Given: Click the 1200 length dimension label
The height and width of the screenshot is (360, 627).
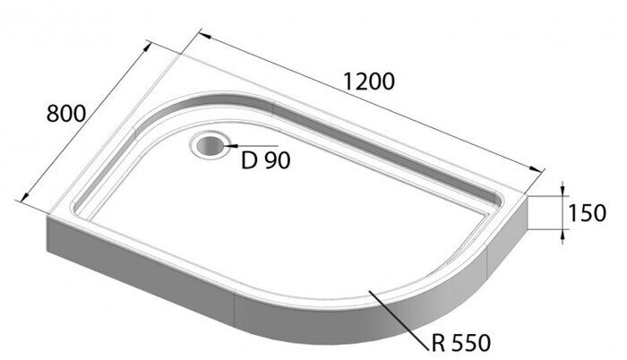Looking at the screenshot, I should (369, 81).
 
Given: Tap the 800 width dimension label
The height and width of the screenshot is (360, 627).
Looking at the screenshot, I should (65, 114).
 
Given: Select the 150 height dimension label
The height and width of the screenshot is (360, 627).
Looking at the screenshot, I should (588, 212).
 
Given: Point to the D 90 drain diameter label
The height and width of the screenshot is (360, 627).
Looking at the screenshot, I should (266, 161).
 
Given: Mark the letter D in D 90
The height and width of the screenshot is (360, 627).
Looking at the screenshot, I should (250, 161).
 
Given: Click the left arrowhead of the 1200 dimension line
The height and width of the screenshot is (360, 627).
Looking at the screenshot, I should (203, 37).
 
